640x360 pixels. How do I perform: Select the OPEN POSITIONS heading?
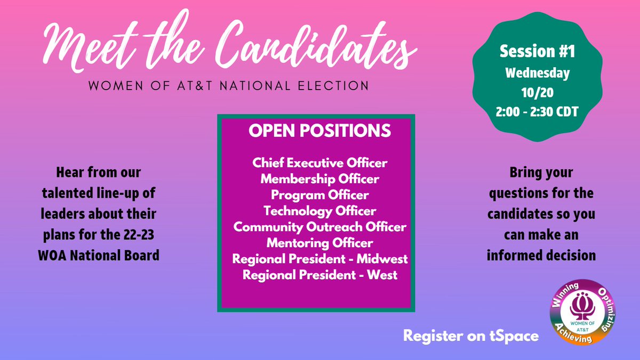tap(320, 131)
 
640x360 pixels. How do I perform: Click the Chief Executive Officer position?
tap(320, 162)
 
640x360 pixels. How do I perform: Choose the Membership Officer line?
tap(320, 178)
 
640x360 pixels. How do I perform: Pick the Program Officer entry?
tap(320, 195)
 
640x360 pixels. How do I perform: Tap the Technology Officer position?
tap(320, 211)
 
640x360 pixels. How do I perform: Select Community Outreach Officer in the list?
tap(320, 227)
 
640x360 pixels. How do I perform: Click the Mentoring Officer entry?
tap(320, 244)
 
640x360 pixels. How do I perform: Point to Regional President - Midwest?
tap(320, 260)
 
